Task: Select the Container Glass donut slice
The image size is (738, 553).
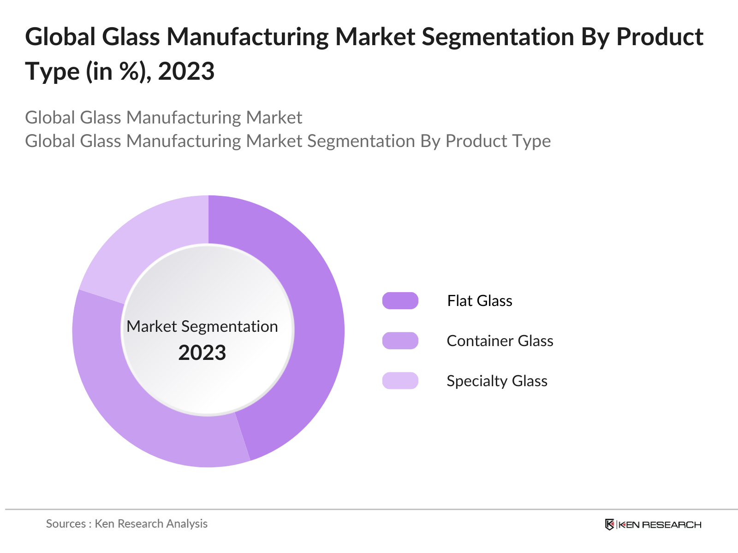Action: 138,415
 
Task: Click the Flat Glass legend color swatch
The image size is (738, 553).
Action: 400,300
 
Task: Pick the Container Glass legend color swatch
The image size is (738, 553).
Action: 400,341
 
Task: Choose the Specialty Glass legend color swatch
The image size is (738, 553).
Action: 400,381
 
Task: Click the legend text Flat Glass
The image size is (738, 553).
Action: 480,301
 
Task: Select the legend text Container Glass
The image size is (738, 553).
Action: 500,341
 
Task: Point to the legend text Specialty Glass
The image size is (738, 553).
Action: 497,381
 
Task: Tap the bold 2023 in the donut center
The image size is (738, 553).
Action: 202,353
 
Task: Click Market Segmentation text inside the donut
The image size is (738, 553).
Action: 202,326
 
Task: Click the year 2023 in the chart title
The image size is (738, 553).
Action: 186,71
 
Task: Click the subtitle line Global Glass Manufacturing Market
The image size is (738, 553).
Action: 163,118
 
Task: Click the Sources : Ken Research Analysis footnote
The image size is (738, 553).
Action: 127,524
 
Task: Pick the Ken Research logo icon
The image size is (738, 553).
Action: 609,524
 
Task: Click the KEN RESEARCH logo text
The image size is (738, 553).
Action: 660,524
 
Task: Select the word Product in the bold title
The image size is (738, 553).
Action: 660,37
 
